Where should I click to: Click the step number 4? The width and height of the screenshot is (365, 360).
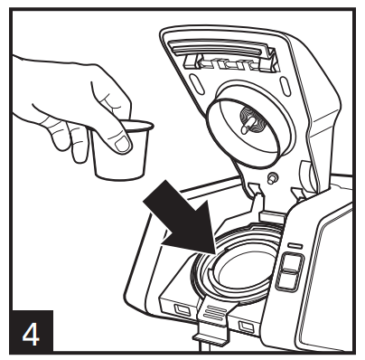(32, 334)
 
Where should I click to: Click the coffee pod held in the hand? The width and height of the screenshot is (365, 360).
(122, 150)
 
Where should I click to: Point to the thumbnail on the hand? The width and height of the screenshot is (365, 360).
(123, 144)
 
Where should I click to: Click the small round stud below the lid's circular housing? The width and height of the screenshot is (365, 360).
(272, 177)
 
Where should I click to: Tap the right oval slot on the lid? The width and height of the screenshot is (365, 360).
(285, 86)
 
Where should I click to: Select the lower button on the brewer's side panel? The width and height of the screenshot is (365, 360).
(288, 280)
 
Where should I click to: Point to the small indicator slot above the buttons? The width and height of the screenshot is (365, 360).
(295, 246)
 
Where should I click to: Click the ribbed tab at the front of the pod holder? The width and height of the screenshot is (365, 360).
(215, 311)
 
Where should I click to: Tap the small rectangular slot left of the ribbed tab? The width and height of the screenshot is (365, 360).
(181, 309)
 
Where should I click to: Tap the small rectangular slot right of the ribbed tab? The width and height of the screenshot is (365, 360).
(247, 326)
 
